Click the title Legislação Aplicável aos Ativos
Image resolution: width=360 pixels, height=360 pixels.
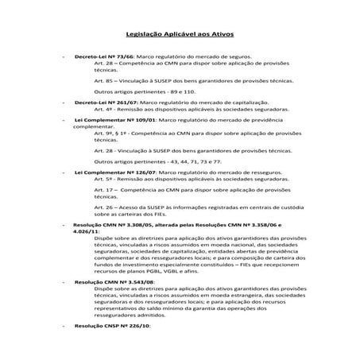(180, 36)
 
